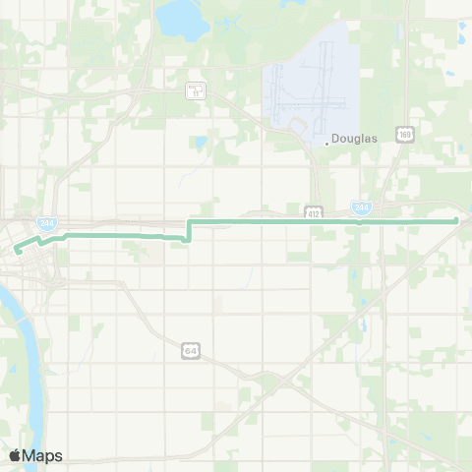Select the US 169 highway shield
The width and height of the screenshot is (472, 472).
(403, 132)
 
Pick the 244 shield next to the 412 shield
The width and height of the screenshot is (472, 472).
(361, 207)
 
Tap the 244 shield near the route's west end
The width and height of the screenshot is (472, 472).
(46, 224)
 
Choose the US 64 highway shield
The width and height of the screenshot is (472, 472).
(190, 349)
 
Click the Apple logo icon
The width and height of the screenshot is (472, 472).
(16, 455)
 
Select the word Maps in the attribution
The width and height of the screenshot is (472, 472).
(44, 455)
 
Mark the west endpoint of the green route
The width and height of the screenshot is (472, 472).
(17, 251)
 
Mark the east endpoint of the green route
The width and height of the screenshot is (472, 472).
(457, 220)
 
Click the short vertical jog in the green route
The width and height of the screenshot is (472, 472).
(188, 229)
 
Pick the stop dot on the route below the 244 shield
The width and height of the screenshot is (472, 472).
(360, 221)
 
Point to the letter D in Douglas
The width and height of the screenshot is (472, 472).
(336, 140)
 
